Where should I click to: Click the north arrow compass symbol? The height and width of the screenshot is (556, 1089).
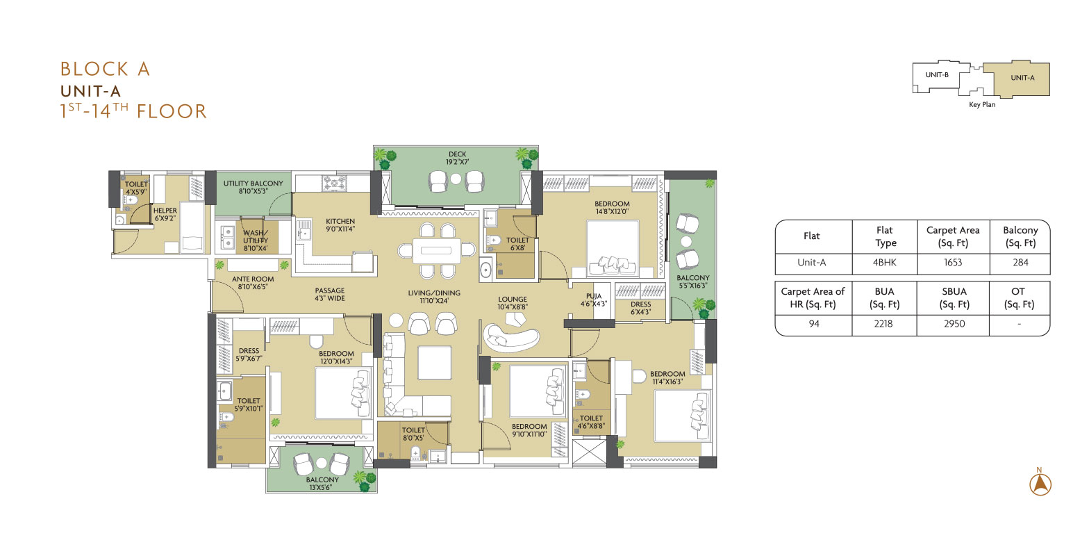[x=1040, y=484]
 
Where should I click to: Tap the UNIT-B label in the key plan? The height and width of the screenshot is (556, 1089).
[x=937, y=75]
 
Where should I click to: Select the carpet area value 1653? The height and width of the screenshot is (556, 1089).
[x=953, y=262]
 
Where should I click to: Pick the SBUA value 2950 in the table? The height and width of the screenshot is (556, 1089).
[x=954, y=323]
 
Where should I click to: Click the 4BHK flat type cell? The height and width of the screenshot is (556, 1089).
[x=884, y=262]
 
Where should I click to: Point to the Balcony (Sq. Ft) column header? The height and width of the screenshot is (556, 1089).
[x=1020, y=236]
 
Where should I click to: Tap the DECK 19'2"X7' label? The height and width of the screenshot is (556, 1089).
[x=458, y=158]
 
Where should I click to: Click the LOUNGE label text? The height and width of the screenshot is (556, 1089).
[x=513, y=299]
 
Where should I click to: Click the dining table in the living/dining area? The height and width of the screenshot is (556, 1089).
[x=436, y=250]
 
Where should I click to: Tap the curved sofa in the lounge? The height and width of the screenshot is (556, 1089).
[x=511, y=338]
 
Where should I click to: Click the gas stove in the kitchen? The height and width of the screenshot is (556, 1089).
[x=335, y=183]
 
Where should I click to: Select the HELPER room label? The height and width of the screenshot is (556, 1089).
[x=165, y=211]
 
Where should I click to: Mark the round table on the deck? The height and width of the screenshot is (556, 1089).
[x=456, y=179]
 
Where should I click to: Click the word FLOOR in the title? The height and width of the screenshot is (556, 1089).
[x=172, y=111]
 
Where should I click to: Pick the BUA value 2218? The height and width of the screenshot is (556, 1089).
[x=883, y=323]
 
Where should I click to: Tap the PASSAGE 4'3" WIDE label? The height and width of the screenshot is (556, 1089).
[x=330, y=294]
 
